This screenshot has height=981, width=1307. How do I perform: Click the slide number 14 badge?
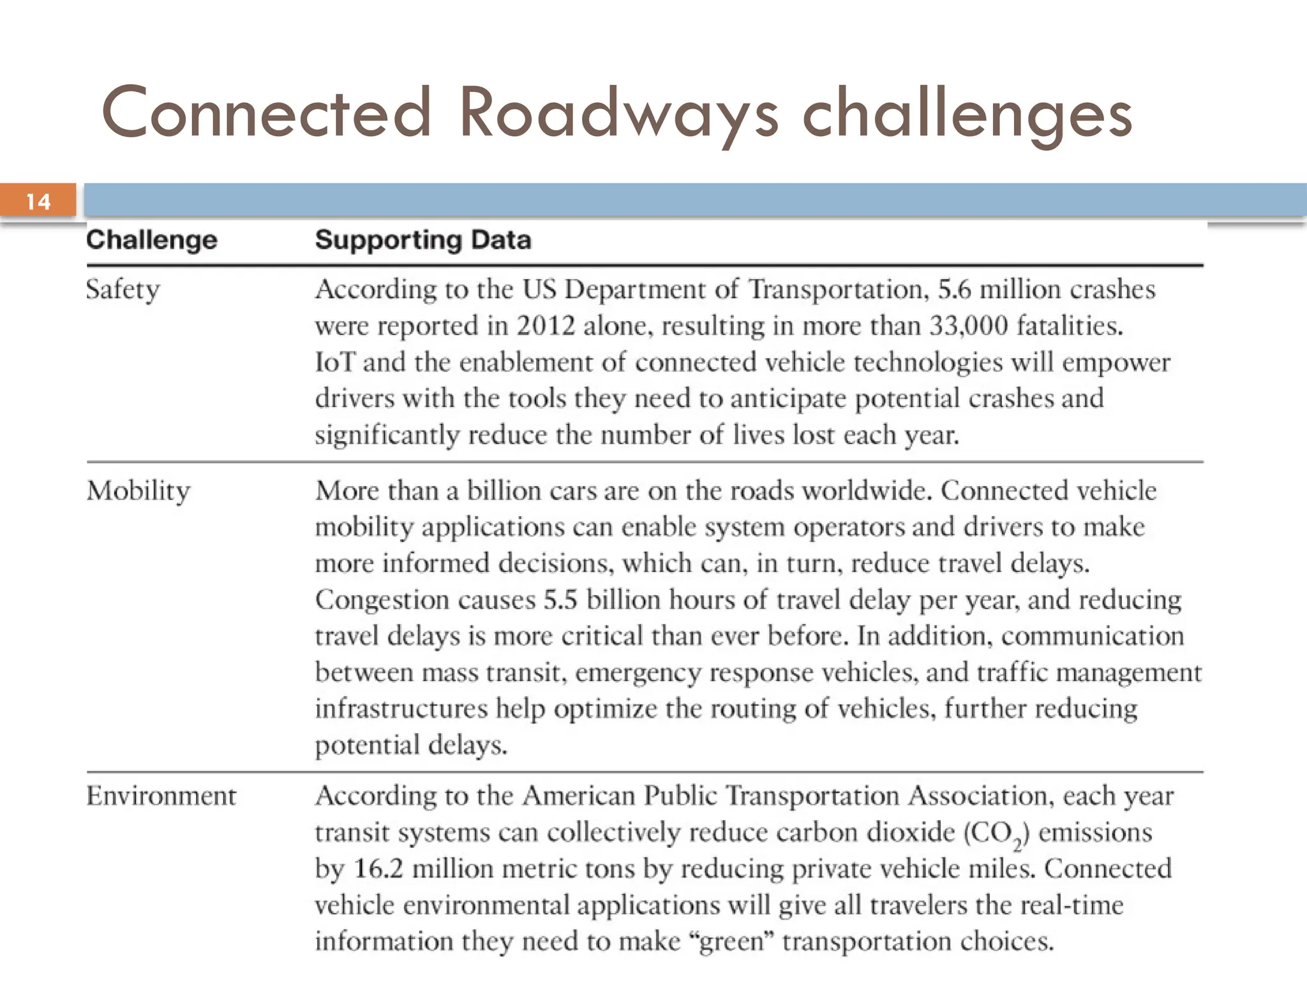click(x=38, y=201)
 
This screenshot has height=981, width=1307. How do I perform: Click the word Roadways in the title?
click(x=618, y=114)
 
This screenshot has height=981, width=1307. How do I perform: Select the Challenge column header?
click(x=152, y=240)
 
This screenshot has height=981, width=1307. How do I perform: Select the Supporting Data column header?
click(x=422, y=240)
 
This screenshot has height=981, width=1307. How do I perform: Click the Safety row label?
click(x=123, y=290)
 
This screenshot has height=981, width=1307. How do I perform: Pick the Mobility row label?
click(x=138, y=490)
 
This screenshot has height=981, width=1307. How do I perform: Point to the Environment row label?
click(x=161, y=796)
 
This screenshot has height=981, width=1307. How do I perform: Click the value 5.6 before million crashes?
click(x=954, y=289)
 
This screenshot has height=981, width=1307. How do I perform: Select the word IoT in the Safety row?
click(x=335, y=362)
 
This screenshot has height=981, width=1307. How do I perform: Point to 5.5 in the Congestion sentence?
click(x=560, y=600)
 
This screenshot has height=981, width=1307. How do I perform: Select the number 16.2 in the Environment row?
click(x=378, y=869)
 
